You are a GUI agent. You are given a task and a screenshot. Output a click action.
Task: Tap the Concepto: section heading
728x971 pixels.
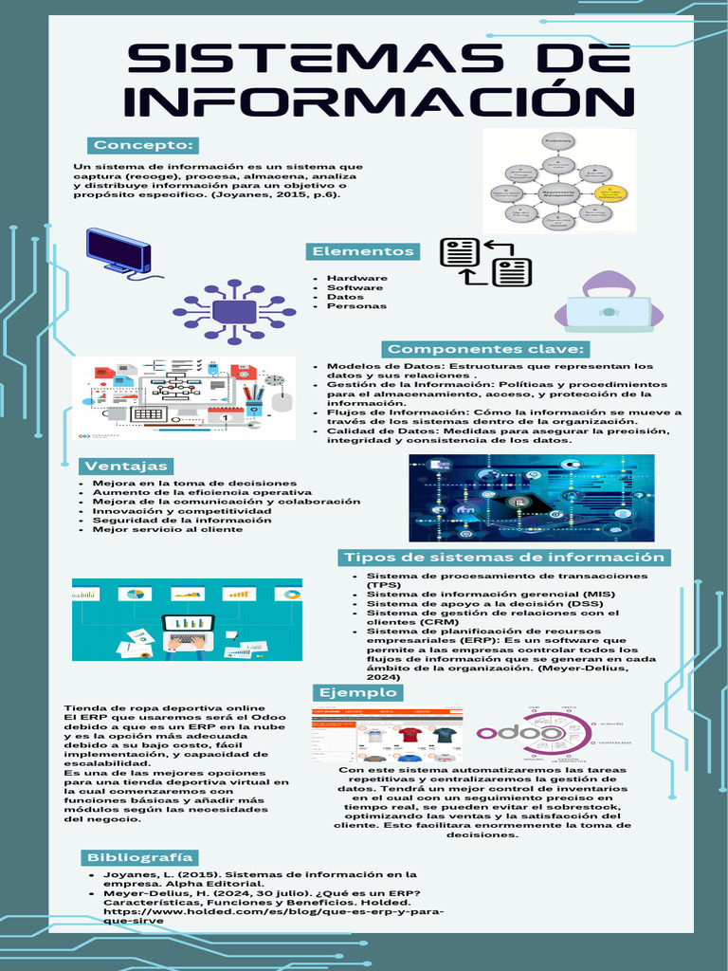pyautogui.click(x=144, y=145)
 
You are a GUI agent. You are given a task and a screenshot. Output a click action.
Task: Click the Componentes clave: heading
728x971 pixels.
pyautogui.click(x=486, y=349)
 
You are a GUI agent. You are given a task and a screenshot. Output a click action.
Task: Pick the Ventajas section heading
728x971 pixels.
pyautogui.click(x=126, y=466)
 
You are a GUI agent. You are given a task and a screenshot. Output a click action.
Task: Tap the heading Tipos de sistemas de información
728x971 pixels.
pyautogui.click(x=504, y=557)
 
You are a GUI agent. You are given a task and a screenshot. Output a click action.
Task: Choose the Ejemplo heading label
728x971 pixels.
pyautogui.click(x=358, y=692)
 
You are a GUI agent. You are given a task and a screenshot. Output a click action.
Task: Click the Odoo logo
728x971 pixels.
pyautogui.click(x=519, y=733)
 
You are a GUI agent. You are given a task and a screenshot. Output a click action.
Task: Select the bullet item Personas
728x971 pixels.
pyautogui.click(x=356, y=305)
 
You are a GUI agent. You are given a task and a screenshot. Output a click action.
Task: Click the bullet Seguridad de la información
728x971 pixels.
pyautogui.click(x=181, y=520)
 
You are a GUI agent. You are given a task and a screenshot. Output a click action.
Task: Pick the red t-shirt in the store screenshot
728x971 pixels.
pyautogui.click(x=409, y=733)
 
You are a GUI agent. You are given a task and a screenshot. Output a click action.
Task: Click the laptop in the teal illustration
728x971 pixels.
pyautogui.click(x=189, y=630)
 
